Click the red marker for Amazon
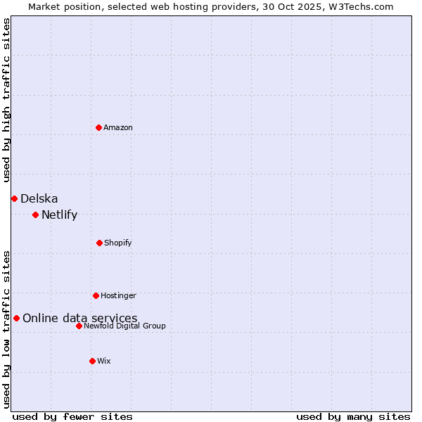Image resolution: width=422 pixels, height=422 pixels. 98,127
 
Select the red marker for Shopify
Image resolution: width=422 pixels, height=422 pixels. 99,243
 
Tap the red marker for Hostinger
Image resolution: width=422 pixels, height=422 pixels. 96,295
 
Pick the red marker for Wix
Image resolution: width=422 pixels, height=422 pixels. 92,361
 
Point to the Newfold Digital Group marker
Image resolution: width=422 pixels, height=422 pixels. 79,326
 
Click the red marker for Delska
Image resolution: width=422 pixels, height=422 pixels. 14,198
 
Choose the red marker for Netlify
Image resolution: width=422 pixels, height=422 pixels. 35,215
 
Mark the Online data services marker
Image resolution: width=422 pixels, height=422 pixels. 16,318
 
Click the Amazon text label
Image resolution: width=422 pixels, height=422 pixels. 118,127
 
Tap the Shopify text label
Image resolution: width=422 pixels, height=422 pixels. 118,243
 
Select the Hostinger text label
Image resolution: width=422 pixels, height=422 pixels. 118,295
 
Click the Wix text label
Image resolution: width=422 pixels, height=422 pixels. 104,361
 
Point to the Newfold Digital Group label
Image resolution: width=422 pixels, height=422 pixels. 124,326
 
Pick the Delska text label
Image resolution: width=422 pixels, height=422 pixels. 39,198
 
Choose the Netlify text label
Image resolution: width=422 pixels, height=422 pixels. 60,215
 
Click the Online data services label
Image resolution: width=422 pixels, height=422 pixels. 80,318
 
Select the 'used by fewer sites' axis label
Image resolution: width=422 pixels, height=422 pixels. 72,416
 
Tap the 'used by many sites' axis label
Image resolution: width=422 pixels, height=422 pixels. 353,416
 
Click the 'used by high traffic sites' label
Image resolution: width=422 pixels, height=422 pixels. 6,100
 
